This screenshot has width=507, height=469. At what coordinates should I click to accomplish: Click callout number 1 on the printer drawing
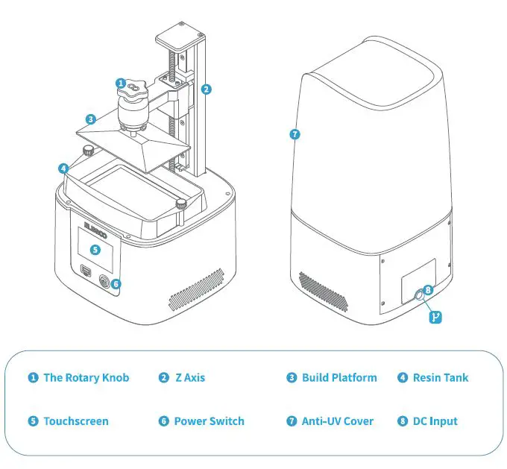coord(121,83)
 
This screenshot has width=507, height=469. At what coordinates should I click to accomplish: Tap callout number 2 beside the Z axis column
coord(207,89)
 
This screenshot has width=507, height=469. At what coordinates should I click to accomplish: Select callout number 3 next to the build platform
coord(90,119)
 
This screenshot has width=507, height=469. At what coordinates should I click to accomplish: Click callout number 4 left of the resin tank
coord(65,169)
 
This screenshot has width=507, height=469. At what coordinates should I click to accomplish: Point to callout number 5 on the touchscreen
coord(95,249)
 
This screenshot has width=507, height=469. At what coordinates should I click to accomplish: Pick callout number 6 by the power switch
coord(116,283)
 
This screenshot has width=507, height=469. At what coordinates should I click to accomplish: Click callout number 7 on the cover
coord(295,135)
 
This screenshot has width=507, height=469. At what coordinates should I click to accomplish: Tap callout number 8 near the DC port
coord(427,289)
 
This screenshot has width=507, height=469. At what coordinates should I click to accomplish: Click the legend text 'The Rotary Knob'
coord(86,378)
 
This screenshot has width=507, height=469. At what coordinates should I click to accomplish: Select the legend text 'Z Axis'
coord(189,378)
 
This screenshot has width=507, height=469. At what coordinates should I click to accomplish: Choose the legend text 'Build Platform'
coord(339,378)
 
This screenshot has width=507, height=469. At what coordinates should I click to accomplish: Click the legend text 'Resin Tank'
coord(441,378)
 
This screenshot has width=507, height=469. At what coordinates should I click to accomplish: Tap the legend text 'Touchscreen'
coord(75,421)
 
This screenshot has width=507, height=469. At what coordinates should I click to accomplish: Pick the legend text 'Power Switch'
coord(209,421)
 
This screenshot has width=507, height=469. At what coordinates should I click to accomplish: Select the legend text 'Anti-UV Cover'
coord(337,421)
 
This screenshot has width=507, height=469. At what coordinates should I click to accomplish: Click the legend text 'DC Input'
coord(435,421)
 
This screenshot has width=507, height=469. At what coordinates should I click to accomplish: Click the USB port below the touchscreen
coord(84,271)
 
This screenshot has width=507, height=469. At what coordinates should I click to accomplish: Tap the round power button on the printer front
coord(104,282)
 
